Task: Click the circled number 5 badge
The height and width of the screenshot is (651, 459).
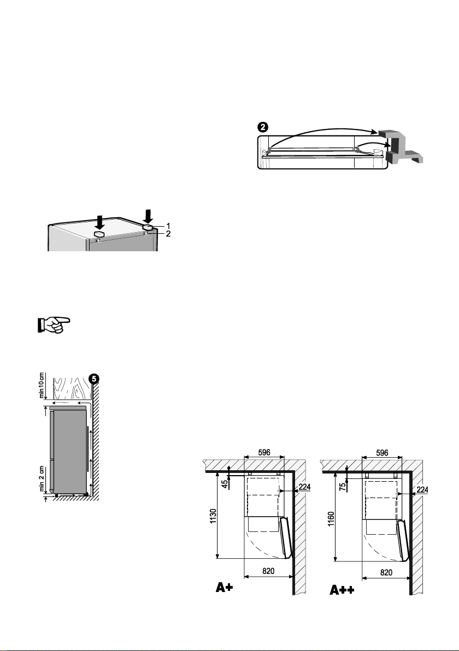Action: tap(95, 378)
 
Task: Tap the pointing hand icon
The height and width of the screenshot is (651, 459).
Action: tap(54, 324)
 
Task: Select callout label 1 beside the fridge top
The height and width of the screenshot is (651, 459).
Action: tap(168, 226)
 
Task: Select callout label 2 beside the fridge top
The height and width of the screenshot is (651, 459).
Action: tap(168, 234)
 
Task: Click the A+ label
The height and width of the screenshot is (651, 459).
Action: tap(224, 588)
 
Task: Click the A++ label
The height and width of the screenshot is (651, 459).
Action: tap(342, 589)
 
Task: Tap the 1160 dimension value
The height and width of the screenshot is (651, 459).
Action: tap(331, 519)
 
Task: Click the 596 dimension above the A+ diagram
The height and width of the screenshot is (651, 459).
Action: tap(264, 453)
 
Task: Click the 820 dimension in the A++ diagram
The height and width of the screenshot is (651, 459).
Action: tap(386, 572)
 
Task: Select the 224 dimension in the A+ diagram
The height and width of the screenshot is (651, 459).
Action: tap(304, 487)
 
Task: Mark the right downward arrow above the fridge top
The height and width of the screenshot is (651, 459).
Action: tap(148, 215)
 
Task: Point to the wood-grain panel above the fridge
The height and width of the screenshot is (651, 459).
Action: tap(70, 388)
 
